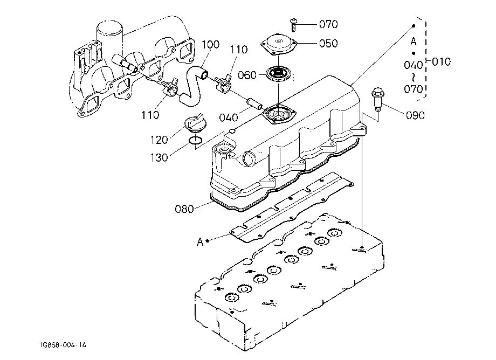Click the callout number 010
[x=441, y=61]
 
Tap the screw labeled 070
[x=293, y=25]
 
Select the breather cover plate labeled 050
[x=279, y=44]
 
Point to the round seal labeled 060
[x=278, y=74]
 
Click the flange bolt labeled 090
[x=377, y=99]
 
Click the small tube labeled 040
[x=254, y=103]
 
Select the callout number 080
[x=184, y=209]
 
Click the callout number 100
[x=210, y=44]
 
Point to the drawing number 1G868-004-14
[x=63, y=344]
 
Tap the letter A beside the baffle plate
[x=200, y=242]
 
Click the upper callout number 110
[x=238, y=49]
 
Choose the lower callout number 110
[x=150, y=115]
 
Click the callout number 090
[x=415, y=115]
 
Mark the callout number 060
[x=247, y=75]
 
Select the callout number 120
[x=159, y=140]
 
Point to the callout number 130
[x=159, y=157]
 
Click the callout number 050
[x=328, y=43]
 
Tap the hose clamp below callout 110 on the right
[x=223, y=84]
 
